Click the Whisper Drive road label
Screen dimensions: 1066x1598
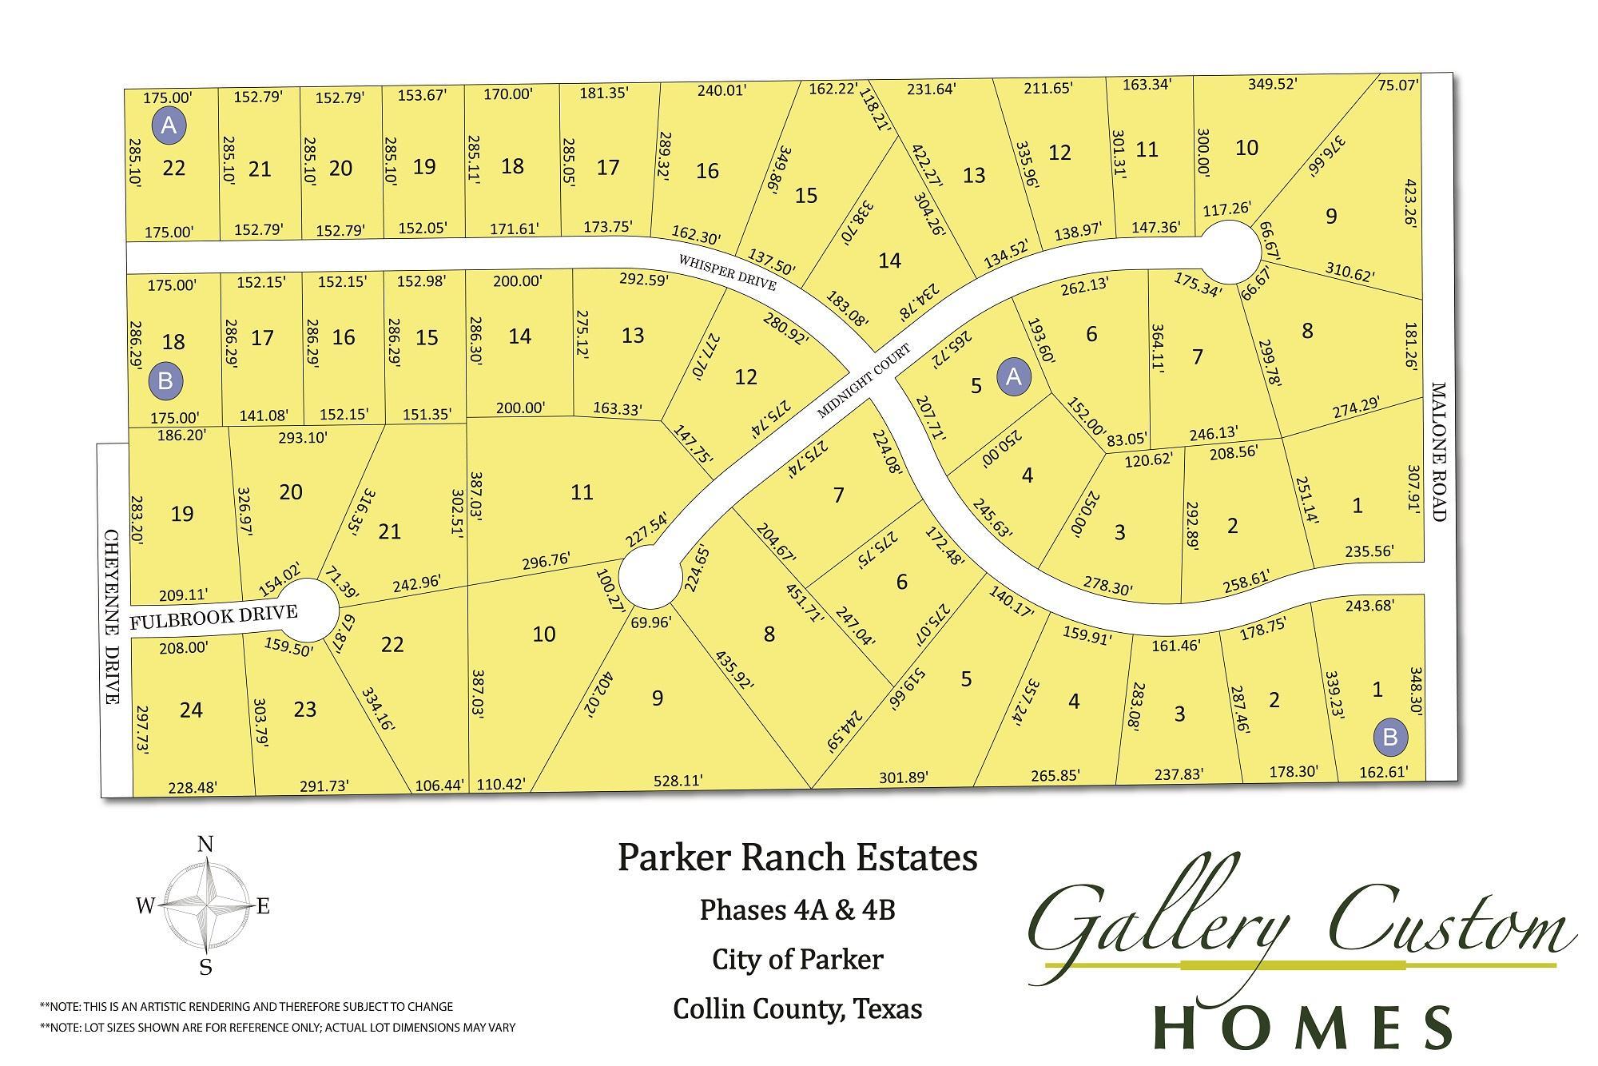[x=726, y=272]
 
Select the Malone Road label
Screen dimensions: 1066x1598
[x=1438, y=451]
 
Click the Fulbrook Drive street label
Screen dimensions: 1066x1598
[x=213, y=617]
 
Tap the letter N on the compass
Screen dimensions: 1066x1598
[x=205, y=845]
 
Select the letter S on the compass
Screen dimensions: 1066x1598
[x=205, y=968]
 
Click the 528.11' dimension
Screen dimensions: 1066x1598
[x=677, y=780]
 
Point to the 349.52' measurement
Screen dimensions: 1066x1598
[x=1271, y=84]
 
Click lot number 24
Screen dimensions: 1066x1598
[x=191, y=710]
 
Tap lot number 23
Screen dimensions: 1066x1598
[x=305, y=709]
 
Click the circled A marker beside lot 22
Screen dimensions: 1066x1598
[x=169, y=125]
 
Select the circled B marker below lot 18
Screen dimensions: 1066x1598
[x=165, y=380]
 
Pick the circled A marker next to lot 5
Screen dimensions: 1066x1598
[x=1013, y=376]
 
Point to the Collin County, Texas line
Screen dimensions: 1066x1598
[x=797, y=1008]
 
